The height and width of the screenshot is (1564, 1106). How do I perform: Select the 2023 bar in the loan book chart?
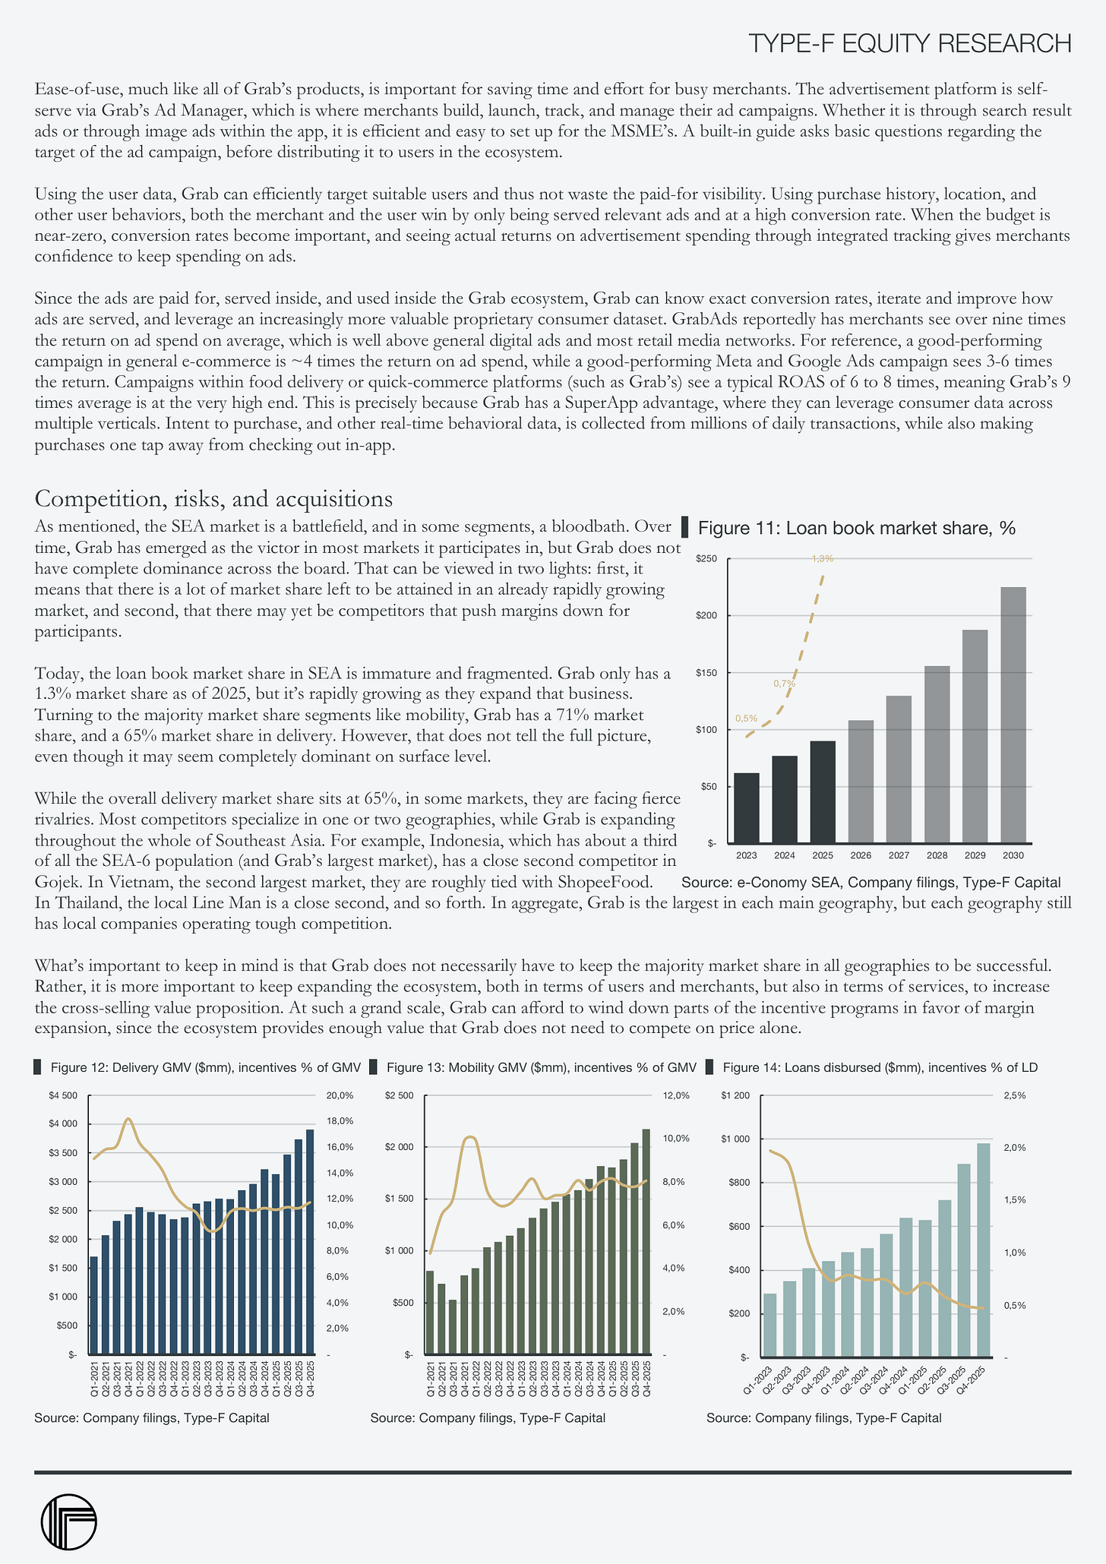point(747,807)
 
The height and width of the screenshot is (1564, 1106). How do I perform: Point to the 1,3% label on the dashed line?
point(823,559)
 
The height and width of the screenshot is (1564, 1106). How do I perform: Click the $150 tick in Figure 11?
point(706,673)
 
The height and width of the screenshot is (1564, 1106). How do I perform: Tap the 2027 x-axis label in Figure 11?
point(899,855)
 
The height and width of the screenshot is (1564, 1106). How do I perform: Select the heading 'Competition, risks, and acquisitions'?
point(213,499)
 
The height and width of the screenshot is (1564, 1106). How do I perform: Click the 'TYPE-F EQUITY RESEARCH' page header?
point(909,43)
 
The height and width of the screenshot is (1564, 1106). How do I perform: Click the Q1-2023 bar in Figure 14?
point(770,1324)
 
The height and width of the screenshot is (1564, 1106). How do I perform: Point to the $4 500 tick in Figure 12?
point(64,1095)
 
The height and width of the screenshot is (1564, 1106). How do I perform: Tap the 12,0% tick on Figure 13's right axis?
point(676,1096)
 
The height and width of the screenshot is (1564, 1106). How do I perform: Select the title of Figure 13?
point(542,1067)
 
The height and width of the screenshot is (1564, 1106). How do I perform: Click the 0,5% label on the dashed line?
point(746,719)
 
